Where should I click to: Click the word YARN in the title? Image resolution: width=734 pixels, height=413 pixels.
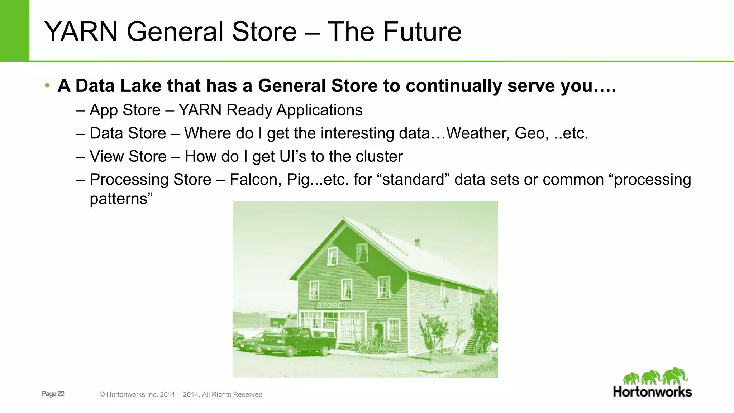[x=81, y=32]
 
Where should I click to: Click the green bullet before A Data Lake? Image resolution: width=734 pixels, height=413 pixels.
[x=47, y=86]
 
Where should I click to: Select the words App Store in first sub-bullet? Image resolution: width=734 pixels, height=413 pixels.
[x=125, y=110]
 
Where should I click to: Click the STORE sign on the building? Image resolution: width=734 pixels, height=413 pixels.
[x=330, y=305]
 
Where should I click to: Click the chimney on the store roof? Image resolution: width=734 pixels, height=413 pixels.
[x=418, y=243]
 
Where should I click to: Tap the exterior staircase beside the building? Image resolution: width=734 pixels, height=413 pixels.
[x=473, y=343]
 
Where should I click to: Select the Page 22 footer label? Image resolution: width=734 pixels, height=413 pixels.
[x=53, y=394]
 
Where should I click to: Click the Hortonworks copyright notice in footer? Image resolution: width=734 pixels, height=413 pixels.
[x=181, y=395]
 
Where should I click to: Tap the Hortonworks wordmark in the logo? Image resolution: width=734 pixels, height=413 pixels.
[x=652, y=392]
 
